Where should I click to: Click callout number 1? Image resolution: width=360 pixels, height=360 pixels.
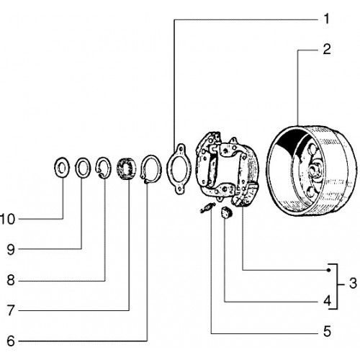click(326, 19)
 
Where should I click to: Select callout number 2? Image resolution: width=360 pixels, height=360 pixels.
click(327, 49)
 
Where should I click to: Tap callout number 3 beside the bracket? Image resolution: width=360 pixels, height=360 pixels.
click(353, 284)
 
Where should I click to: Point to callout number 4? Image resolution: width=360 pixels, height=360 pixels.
click(327, 301)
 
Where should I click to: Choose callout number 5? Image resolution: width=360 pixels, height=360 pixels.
click(327, 331)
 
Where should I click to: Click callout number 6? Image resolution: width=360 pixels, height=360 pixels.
click(11, 341)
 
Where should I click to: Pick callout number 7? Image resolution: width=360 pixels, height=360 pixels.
click(11, 310)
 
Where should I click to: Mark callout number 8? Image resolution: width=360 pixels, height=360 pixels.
click(11, 280)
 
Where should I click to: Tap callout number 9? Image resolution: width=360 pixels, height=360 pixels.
click(11, 250)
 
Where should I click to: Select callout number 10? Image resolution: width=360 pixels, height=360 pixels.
click(7, 220)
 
